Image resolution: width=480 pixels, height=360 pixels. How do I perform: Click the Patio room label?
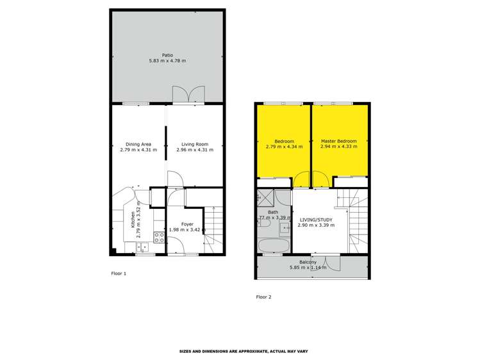tap(168, 55)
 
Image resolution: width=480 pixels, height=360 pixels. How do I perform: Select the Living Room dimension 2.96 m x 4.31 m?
tap(195, 150)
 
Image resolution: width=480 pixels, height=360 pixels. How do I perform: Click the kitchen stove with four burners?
tap(159, 236)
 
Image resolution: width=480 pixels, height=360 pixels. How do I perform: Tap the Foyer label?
tap(187, 224)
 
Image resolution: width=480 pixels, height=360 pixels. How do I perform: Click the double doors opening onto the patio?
tap(188, 95)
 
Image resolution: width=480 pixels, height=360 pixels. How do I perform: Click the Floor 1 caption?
tap(119, 274)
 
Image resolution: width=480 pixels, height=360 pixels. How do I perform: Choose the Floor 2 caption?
tap(264, 297)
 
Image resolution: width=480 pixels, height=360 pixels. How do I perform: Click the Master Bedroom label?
tap(340, 141)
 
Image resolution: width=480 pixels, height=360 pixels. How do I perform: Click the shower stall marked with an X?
tap(265, 196)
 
